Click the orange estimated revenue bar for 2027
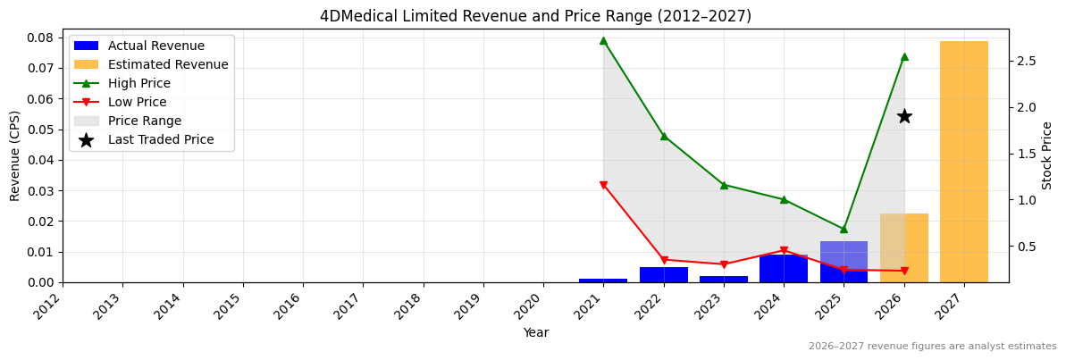click(x=963, y=161)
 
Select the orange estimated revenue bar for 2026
click(x=903, y=248)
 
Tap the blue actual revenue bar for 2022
click(x=663, y=275)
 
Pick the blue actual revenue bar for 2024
click(x=783, y=269)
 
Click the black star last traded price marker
click(x=904, y=116)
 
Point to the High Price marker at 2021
click(x=603, y=40)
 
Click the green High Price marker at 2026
click(x=904, y=56)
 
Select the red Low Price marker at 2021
click(x=603, y=186)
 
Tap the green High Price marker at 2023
click(x=724, y=185)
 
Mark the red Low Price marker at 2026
click(x=904, y=271)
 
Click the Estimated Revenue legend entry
click(x=168, y=65)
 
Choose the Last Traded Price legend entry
click(x=161, y=140)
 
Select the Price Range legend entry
click(x=145, y=121)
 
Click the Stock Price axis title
click(x=1047, y=155)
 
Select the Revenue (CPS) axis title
click(x=15, y=155)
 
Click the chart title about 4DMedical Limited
click(x=535, y=16)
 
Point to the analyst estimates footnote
click(x=932, y=347)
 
